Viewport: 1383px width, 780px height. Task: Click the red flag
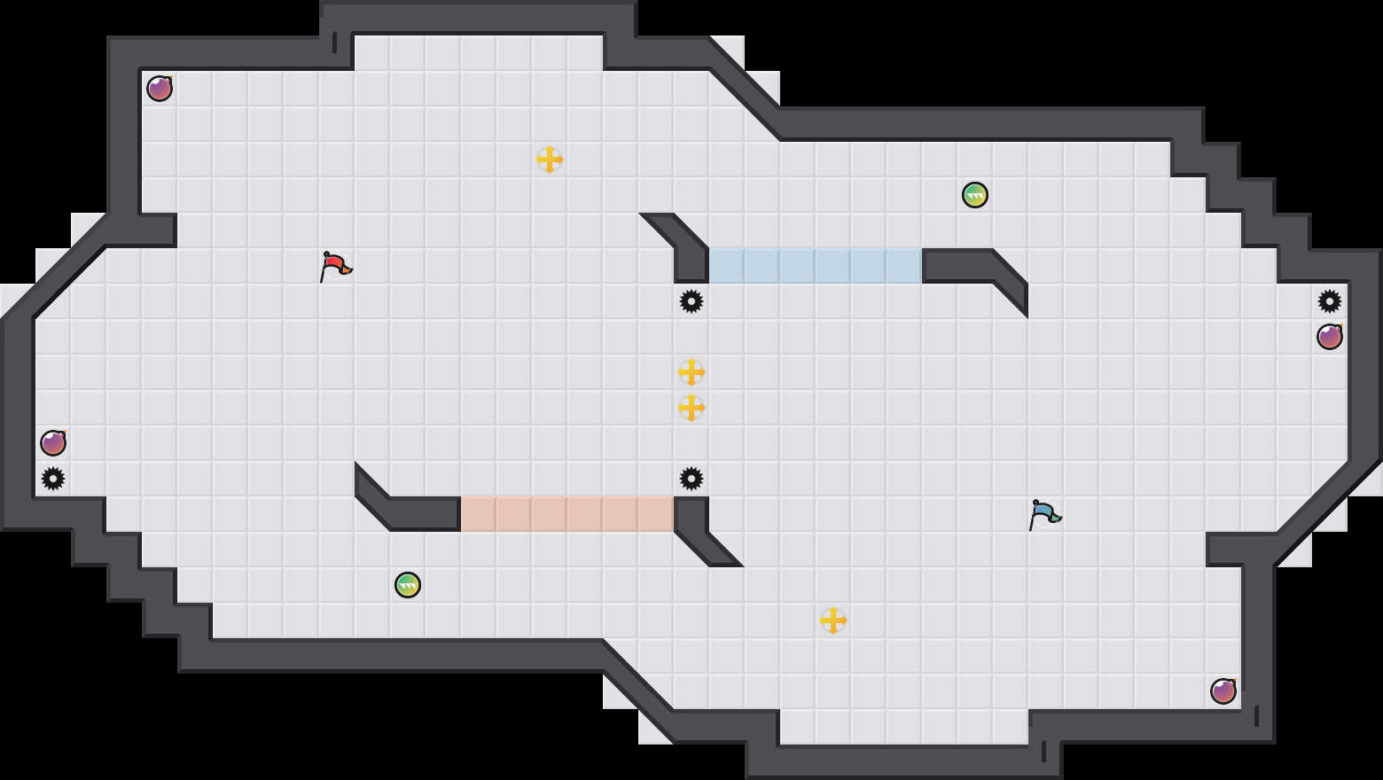point(335,265)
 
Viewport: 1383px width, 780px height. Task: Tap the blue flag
point(1044,513)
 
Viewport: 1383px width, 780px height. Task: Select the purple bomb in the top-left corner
point(160,89)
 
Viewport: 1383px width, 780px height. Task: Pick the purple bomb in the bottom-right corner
point(1223,691)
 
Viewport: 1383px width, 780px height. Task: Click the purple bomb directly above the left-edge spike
point(53,443)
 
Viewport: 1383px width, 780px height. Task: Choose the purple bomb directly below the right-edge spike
point(1330,337)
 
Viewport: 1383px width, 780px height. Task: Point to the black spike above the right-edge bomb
point(1330,301)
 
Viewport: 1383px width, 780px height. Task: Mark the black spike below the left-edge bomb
point(53,479)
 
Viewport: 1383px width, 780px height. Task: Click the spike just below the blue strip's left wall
point(691,301)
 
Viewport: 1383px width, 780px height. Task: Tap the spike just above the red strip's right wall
point(691,479)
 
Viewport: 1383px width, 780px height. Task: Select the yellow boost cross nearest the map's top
point(550,160)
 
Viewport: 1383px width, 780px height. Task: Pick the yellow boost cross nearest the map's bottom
point(833,620)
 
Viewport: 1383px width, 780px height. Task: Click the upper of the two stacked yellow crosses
point(691,372)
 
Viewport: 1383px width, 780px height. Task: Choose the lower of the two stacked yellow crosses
point(691,408)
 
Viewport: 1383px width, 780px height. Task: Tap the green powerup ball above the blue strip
point(975,195)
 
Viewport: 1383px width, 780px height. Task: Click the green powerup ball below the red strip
point(408,585)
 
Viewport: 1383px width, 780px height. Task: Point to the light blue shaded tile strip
point(816,266)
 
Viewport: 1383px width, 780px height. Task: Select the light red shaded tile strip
point(567,514)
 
